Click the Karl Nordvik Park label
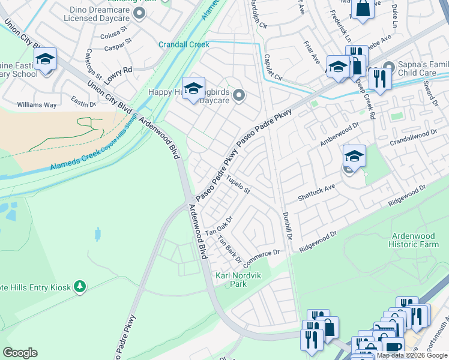[x=231, y=280]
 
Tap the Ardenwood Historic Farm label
[x=415, y=241]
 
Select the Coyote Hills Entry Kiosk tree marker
[x=79, y=287]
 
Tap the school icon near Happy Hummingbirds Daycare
[x=193, y=89]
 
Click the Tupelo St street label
[x=238, y=184]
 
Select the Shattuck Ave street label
[x=316, y=193]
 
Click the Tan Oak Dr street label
[x=218, y=226]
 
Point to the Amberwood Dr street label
[x=339, y=133]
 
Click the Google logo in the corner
[x=20, y=353]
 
